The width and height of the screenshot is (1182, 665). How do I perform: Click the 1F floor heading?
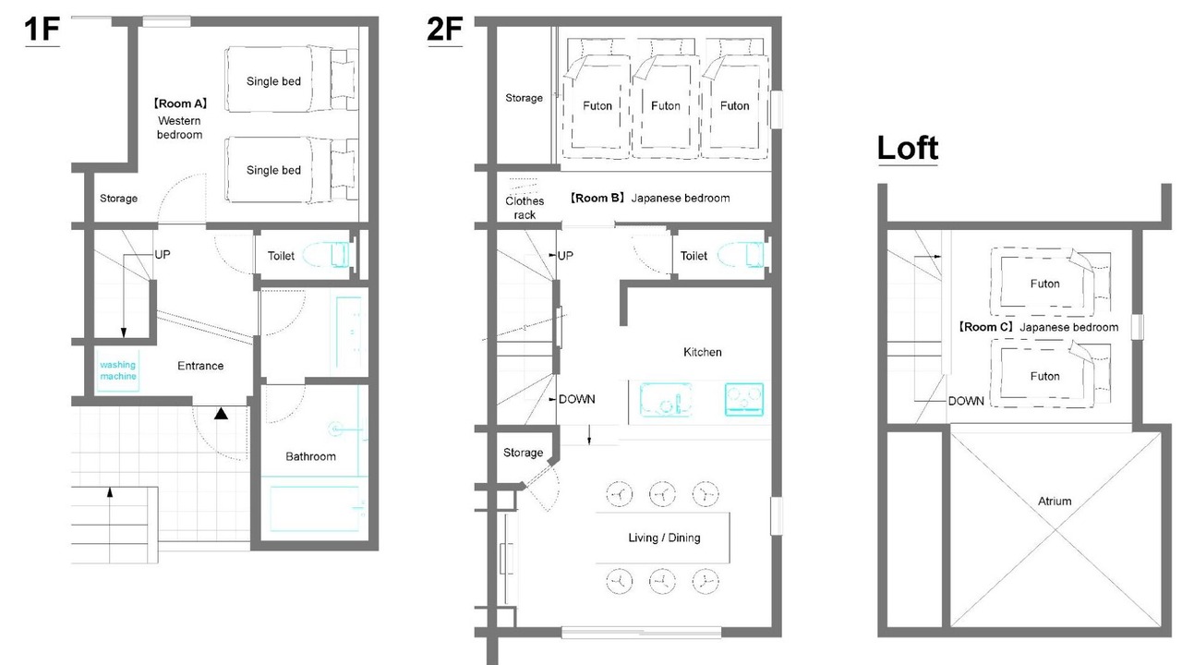click(x=42, y=30)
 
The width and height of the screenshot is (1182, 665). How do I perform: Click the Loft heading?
click(x=908, y=148)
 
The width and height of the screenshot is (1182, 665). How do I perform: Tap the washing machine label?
click(x=117, y=370)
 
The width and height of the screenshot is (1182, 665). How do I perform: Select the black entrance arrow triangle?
click(x=221, y=413)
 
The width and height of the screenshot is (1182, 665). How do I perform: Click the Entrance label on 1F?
click(x=200, y=366)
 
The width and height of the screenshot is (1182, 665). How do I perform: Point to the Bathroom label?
click(x=310, y=456)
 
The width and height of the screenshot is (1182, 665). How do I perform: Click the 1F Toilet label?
click(x=281, y=256)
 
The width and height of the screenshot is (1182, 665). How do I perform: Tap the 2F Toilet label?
click(x=694, y=256)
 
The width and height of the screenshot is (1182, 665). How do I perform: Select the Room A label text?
click(x=179, y=103)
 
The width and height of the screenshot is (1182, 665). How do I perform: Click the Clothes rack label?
click(x=525, y=208)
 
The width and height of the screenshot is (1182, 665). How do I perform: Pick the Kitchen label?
click(x=703, y=352)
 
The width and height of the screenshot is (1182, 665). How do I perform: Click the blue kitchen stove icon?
click(x=744, y=400)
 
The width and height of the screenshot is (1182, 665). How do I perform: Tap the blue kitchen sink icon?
click(x=666, y=400)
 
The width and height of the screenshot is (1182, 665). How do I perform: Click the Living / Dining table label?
click(x=664, y=538)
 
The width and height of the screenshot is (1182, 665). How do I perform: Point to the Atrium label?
click(x=1055, y=502)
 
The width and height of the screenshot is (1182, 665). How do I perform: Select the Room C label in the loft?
click(x=984, y=327)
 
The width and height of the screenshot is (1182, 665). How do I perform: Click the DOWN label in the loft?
click(x=966, y=401)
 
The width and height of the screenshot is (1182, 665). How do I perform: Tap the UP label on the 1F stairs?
click(x=163, y=255)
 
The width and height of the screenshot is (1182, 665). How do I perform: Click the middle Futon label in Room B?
click(x=666, y=106)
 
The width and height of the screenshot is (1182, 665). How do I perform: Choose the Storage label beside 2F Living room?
click(x=523, y=453)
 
